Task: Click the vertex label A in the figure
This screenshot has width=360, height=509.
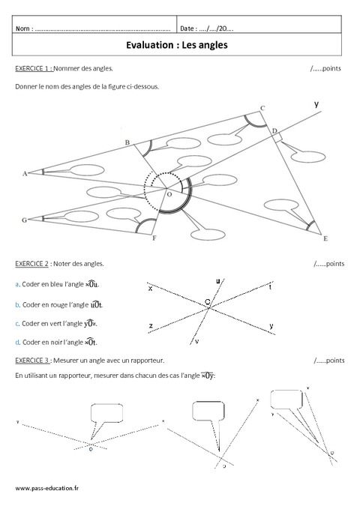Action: point(25,173)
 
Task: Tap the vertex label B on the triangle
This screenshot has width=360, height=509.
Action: point(127,142)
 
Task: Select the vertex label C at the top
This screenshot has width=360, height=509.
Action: point(262,109)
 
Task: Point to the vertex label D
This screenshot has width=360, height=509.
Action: point(274,131)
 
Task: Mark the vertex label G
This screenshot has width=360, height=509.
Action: point(24,220)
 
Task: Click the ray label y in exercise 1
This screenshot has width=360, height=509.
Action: point(316,103)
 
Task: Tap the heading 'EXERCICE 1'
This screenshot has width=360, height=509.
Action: point(33,68)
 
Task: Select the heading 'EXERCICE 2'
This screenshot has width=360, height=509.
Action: point(33,264)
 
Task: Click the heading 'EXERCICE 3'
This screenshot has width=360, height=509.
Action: point(33,361)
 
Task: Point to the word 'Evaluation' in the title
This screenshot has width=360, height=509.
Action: point(152,45)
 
